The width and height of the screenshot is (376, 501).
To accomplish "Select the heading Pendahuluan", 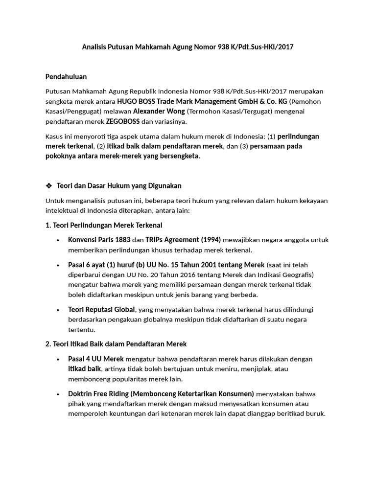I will (66, 77).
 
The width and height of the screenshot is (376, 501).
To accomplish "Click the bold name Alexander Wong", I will (159, 112).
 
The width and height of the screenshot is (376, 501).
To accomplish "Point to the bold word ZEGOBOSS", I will (123, 121).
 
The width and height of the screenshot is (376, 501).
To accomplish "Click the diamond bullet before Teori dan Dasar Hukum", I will (48, 185).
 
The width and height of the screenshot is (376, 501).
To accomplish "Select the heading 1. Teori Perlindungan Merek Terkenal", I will (104, 225).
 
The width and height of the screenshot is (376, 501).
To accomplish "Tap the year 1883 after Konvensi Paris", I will (122, 240).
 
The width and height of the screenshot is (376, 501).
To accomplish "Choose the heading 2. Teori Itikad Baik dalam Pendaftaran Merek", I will (116, 344).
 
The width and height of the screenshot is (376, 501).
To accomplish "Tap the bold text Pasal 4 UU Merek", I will (96, 359).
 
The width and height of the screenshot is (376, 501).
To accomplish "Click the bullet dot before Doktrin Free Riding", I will (58, 394).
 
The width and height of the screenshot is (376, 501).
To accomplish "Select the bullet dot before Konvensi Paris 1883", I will (58, 240).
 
